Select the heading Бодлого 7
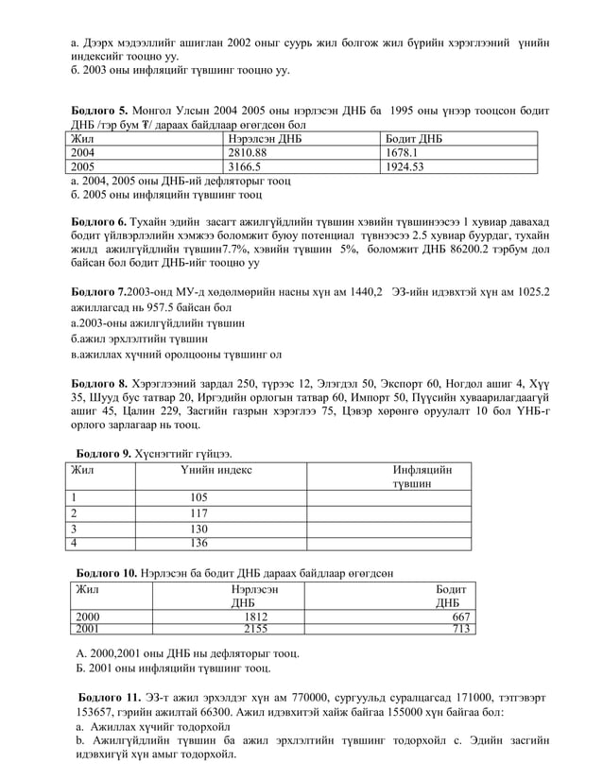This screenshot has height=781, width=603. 99,292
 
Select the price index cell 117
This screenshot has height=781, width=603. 198,513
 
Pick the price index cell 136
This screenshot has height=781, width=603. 198,543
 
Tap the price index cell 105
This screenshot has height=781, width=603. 198,498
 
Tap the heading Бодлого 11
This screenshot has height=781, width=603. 108,697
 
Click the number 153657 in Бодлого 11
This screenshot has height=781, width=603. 97,712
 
